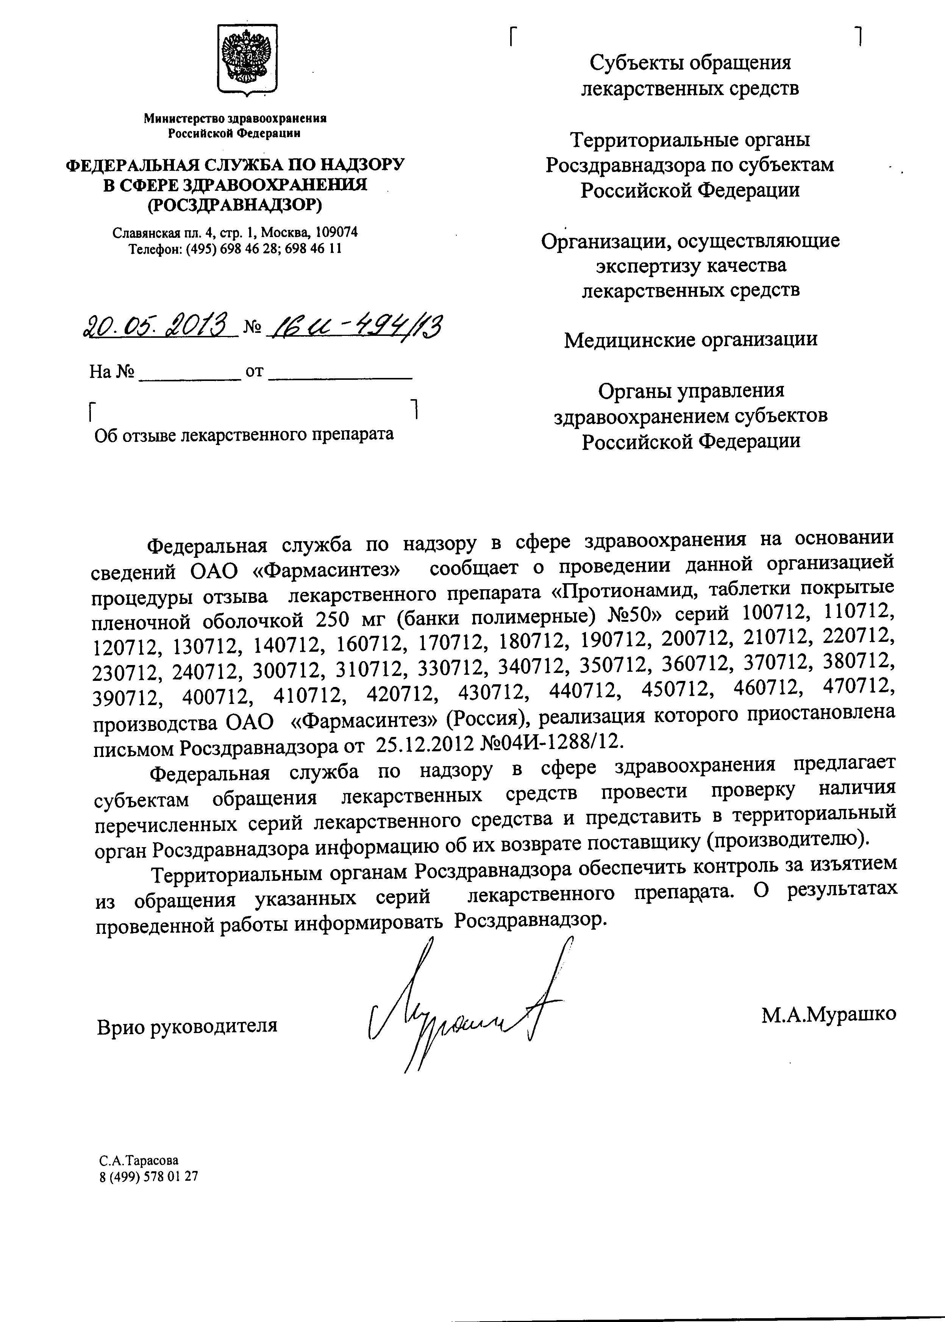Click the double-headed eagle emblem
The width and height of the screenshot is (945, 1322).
tap(247, 59)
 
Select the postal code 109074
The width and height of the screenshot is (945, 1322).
tap(336, 233)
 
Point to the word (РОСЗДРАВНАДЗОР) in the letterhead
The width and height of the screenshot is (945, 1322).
tap(234, 205)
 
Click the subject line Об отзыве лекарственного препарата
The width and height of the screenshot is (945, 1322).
tap(244, 434)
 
